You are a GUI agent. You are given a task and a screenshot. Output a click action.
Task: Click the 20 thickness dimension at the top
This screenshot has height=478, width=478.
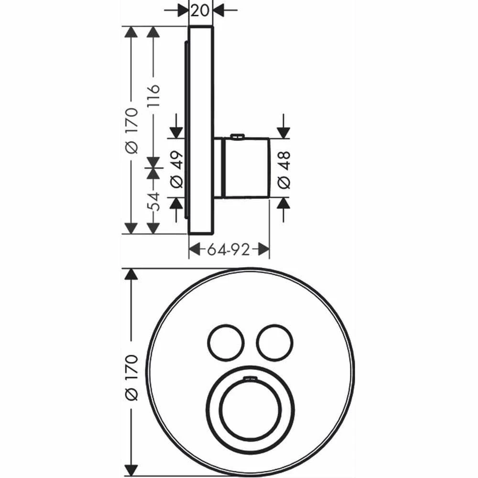tap(200, 10)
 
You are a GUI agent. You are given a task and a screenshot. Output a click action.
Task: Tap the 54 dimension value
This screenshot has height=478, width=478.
tap(153, 202)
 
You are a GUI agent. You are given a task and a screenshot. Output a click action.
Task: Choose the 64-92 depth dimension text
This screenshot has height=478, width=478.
tap(228, 249)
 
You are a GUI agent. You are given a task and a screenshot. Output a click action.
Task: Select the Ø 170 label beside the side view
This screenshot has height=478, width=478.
tap(131, 130)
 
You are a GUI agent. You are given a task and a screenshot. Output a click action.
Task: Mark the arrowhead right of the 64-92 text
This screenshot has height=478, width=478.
tap(263, 249)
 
